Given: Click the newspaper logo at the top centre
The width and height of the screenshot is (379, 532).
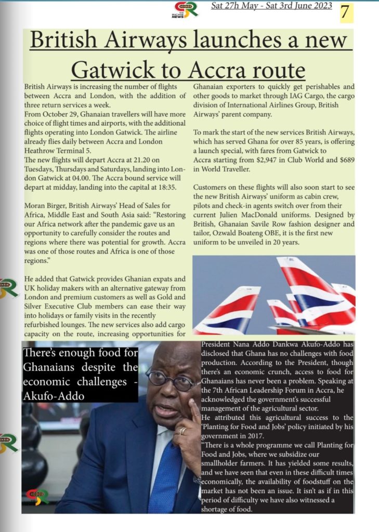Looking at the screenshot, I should click(x=185, y=9).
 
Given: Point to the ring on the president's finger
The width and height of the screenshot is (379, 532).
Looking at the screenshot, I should click(x=182, y=431).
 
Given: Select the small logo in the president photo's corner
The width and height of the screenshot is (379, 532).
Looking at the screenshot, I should click(x=38, y=496).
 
